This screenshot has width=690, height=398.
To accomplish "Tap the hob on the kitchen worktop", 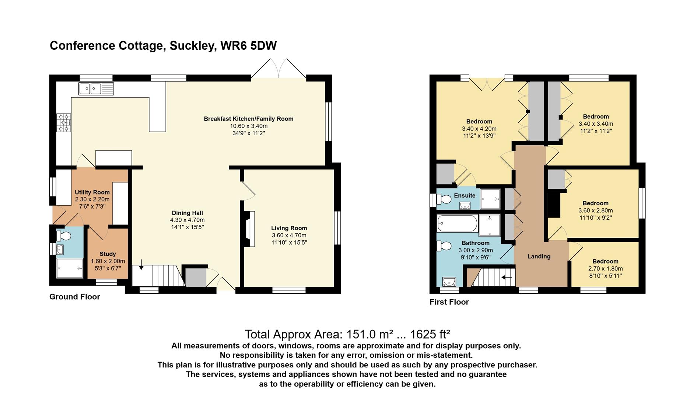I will [63, 123].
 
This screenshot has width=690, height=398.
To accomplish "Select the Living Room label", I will [289, 228].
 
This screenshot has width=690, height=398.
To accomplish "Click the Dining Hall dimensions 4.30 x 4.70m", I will [187, 220].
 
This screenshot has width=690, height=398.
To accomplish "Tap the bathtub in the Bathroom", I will [457, 223].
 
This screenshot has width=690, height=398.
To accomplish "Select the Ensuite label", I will [465, 195].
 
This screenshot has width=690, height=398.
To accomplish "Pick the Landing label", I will [539, 256].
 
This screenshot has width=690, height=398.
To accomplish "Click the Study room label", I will [108, 254].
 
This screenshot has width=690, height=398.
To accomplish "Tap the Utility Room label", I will [92, 192].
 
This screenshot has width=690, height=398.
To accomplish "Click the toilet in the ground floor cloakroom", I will [63, 235].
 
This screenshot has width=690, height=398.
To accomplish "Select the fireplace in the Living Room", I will [248, 228].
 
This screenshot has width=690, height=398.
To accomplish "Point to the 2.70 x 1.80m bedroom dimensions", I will [605, 269].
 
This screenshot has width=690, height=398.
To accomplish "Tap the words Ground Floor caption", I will [75, 297].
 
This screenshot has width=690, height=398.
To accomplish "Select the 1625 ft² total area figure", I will [430, 334].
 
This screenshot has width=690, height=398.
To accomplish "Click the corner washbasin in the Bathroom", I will [449, 282].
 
